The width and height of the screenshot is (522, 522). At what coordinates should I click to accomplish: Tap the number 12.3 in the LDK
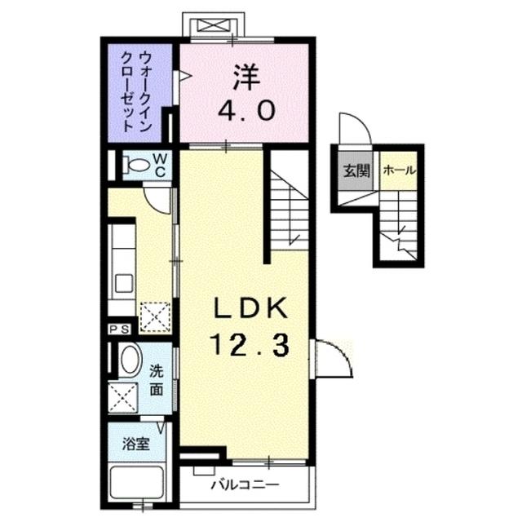(x=249, y=347)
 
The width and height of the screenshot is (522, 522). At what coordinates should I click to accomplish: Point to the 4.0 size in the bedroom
(x=244, y=110)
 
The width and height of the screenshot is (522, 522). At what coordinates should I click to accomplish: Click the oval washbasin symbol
(x=129, y=361)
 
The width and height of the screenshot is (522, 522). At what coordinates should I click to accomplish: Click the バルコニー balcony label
(x=245, y=484)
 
